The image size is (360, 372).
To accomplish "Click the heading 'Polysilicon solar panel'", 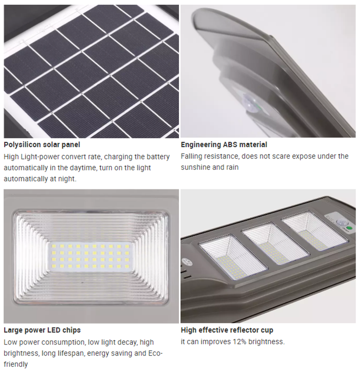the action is [42, 145].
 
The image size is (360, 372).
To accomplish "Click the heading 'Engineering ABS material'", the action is [224, 145].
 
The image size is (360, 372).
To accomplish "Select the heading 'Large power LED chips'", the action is [42, 330].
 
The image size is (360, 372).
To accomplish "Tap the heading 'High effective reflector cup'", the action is [227, 330].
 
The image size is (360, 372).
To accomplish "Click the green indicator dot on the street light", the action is [349, 228].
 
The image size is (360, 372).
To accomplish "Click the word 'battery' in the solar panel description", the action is [158, 157].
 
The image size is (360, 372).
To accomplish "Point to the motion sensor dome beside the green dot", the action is [340, 223].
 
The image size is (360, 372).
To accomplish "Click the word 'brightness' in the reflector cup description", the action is [267, 342].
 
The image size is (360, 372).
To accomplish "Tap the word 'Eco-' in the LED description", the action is [156, 353].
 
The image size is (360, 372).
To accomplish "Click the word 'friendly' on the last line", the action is [16, 364].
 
